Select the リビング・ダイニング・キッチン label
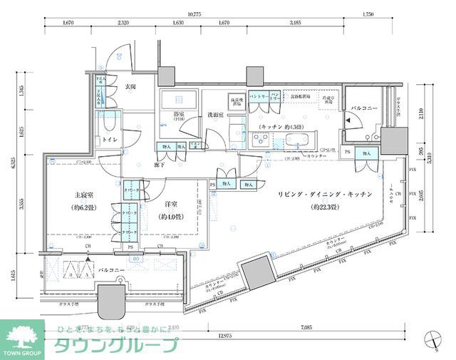coord(314,194)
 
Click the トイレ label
coord(109,140)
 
